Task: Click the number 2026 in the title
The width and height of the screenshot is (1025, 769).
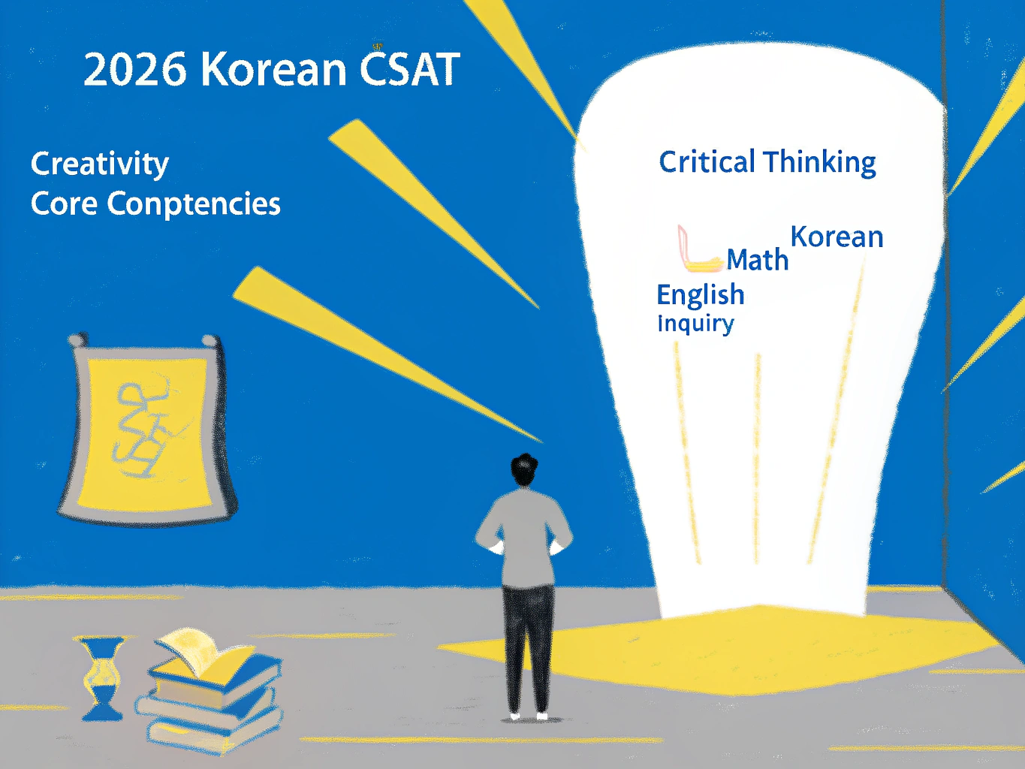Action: (134, 70)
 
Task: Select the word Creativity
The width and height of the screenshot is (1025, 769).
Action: (100, 164)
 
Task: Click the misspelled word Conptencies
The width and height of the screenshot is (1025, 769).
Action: (194, 204)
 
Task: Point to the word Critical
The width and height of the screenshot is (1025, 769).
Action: (707, 162)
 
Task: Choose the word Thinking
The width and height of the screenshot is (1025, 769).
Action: (820, 163)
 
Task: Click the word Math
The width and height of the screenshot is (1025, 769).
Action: (758, 261)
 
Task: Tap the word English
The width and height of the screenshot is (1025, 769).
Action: (700, 295)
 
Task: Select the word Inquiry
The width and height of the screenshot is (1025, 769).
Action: (695, 324)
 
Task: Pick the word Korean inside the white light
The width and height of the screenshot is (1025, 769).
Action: (837, 237)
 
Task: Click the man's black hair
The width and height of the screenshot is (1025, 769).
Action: (524, 470)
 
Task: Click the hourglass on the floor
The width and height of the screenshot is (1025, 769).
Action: (103, 677)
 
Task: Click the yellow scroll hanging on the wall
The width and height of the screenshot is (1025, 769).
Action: (146, 428)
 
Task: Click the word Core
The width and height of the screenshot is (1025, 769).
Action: (64, 204)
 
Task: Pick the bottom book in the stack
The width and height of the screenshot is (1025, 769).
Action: (210, 732)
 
